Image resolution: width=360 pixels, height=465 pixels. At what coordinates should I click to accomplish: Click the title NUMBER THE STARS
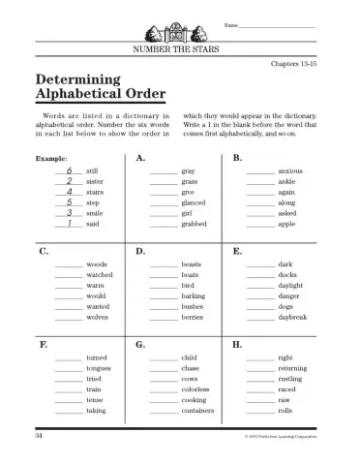coord(179,48)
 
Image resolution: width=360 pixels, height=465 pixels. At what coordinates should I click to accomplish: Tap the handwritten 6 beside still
coord(69,169)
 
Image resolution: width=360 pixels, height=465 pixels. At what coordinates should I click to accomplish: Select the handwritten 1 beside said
coord(69,223)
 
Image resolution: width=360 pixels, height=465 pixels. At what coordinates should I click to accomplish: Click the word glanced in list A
coord(194,202)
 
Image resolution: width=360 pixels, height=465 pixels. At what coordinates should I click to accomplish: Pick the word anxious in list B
coord(291,170)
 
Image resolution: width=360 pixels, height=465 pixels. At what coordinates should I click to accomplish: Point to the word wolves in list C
coord(97,317)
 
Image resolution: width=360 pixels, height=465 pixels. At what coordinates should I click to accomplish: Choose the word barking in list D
coord(194,295)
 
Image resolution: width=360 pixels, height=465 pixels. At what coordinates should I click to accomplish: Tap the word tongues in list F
coord(99,368)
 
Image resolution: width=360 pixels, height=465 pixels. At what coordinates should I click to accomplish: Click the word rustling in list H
coord(292,379)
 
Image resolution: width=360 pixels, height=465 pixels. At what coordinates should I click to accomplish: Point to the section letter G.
coord(141,344)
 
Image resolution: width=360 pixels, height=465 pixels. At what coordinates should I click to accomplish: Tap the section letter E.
coord(238,251)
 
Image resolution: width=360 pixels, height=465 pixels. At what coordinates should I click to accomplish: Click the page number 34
coord(38,438)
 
